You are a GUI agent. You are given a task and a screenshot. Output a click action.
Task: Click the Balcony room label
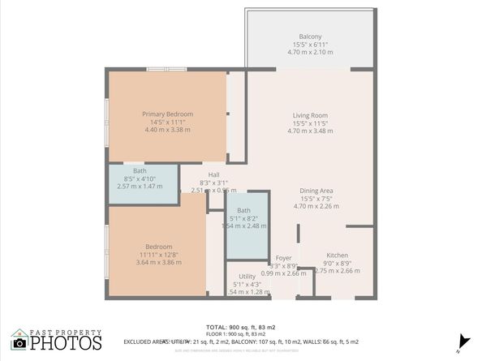pos(310,37)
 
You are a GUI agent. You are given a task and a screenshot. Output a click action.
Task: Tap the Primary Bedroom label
pos(167,114)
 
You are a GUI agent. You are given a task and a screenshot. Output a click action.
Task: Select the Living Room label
pos(310,115)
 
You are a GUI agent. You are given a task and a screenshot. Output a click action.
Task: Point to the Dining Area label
pos(316,191)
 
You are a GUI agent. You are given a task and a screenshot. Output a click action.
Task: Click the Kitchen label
pos(337,255)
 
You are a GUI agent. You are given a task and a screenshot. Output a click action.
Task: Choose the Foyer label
pos(283,258)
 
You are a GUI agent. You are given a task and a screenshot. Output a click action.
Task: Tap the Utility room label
pos(242,277)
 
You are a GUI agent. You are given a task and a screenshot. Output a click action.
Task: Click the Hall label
pos(214,174)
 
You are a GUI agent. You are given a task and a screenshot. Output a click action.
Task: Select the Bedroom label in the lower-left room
pos(159,247)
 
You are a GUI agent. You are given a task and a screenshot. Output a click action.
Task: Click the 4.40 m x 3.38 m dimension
pos(167,130)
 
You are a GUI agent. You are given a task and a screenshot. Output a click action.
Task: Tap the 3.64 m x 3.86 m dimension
pos(159,262)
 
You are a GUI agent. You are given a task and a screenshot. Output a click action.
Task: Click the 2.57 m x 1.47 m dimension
pos(140,187)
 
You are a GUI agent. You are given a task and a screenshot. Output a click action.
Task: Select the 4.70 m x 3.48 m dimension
pos(310,130)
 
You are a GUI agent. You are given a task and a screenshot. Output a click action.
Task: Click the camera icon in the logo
pos(19,343)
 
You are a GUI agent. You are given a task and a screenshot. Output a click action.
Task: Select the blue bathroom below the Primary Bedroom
pos(143,183)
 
